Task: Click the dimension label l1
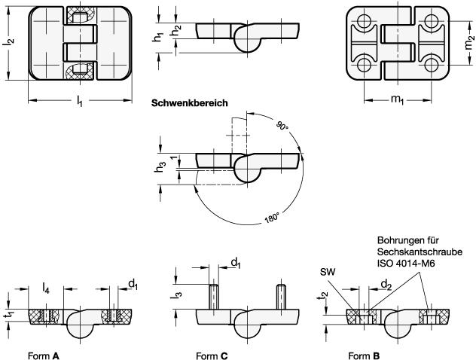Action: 79,101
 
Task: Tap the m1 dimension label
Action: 397,99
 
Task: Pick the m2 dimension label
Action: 469,42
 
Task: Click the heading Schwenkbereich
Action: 190,103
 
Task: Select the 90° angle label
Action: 282,125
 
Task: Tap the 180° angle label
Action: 271,218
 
